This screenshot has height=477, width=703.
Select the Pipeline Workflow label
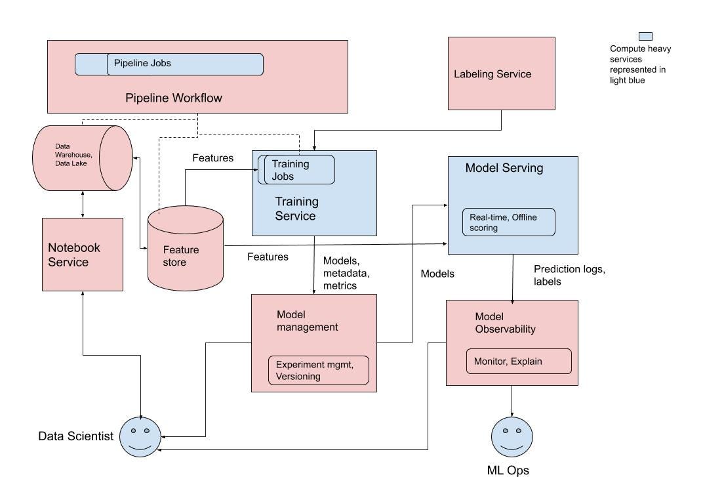(x=174, y=98)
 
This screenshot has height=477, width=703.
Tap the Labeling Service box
(x=501, y=73)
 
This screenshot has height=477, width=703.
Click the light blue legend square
(x=645, y=37)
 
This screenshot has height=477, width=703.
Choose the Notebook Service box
(x=83, y=255)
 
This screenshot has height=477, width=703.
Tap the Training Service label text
(x=296, y=209)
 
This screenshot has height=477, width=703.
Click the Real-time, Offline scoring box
(x=508, y=222)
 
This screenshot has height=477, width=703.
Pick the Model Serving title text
(x=504, y=168)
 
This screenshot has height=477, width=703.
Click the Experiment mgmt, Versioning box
(x=318, y=370)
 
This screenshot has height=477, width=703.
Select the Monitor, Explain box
(x=518, y=361)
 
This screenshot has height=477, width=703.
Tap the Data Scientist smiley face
(x=140, y=436)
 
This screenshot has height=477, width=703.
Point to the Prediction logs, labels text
(x=568, y=275)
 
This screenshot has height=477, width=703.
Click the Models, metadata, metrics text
(x=346, y=273)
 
